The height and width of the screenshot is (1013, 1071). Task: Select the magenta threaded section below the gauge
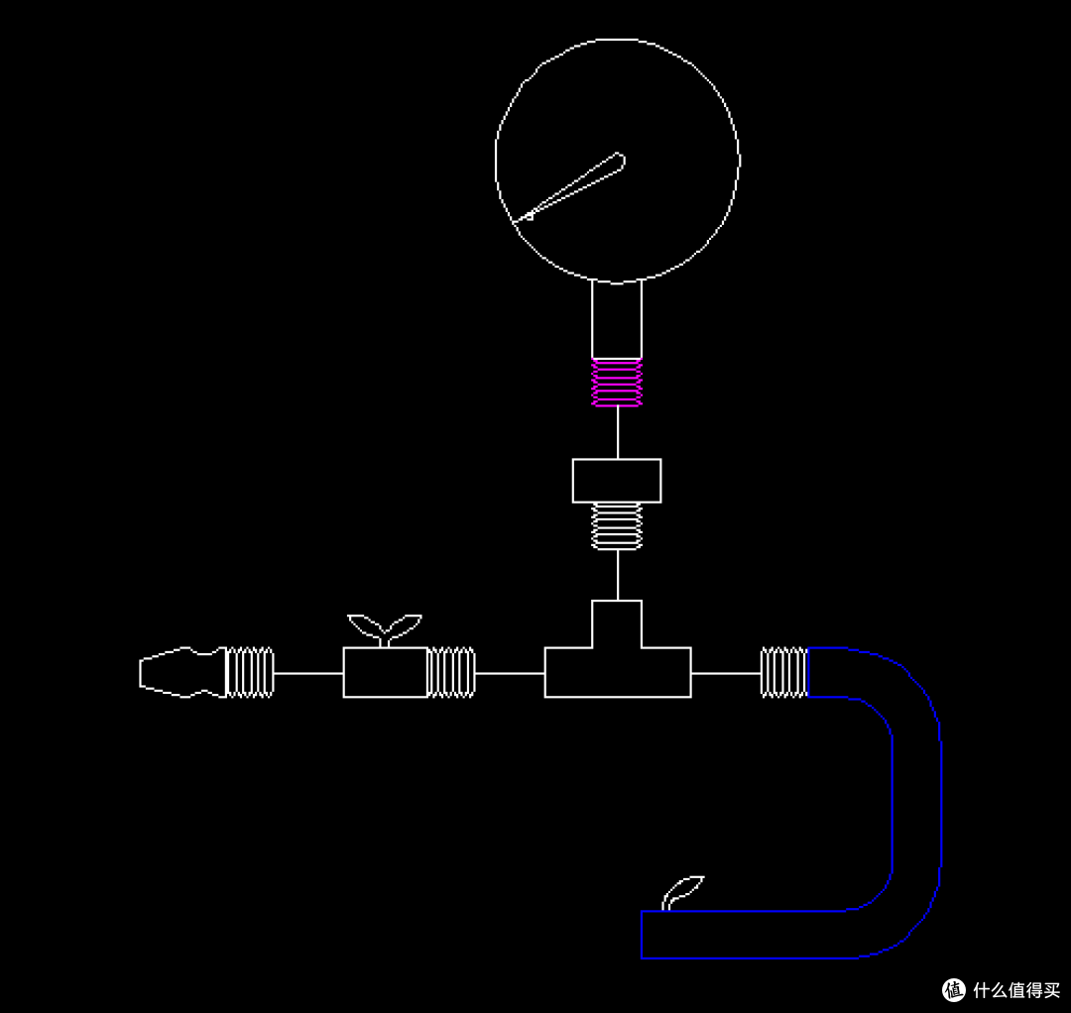point(617,383)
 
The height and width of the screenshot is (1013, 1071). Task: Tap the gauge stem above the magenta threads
point(617,319)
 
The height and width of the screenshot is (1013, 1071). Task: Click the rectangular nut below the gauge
point(617,481)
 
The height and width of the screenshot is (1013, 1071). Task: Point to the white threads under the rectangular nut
point(617,526)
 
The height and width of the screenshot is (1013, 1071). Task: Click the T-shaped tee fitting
point(618,672)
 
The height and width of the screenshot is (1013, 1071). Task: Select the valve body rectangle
point(385,672)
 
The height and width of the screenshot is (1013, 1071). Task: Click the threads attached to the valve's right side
point(451,672)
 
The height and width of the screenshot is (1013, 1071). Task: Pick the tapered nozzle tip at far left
point(182,672)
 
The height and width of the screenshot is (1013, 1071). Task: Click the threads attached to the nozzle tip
point(250,672)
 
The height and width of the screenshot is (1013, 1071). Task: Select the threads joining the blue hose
point(784,672)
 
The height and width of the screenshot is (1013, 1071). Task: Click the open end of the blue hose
point(642,935)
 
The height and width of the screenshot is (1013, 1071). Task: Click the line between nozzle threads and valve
point(308,673)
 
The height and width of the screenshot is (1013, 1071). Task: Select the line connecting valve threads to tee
point(510,673)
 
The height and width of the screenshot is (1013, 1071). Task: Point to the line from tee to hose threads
point(726,673)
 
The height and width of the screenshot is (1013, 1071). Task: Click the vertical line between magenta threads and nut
point(618,433)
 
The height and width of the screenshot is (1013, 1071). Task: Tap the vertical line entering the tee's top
point(618,575)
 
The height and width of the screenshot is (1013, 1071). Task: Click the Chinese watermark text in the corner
point(1016,990)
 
